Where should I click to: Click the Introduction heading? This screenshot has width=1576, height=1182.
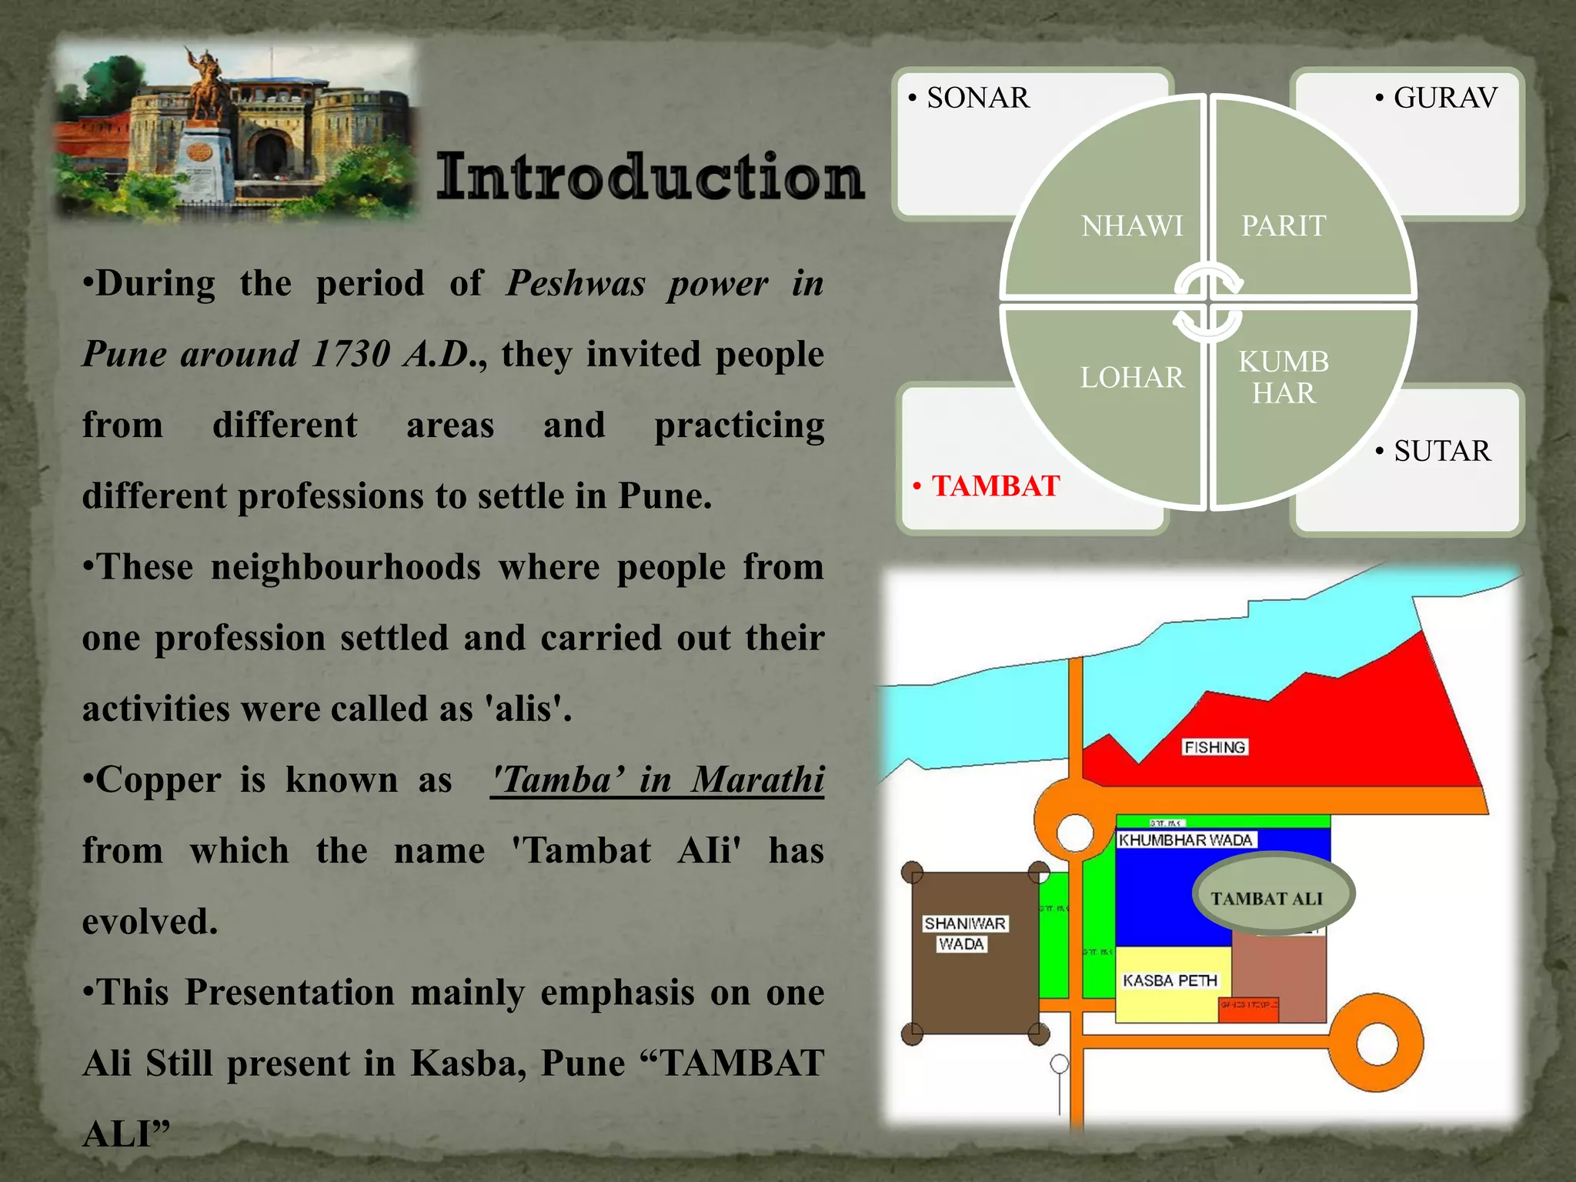coord(650,177)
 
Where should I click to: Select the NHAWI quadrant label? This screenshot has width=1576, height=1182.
coord(1131,226)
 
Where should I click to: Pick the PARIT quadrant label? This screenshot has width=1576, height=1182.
coord(1284,226)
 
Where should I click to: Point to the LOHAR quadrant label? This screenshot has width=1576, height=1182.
coord(1131,378)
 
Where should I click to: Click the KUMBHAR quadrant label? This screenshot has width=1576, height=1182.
coord(1284,378)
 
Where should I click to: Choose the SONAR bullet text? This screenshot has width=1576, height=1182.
coord(977,98)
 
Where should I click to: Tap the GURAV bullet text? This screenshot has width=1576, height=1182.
coord(1444,98)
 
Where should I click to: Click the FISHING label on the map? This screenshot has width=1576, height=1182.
coord(1214,747)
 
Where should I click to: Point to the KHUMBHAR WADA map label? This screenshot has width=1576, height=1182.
coord(1185,840)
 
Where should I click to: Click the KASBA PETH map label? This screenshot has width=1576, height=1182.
coord(1170,980)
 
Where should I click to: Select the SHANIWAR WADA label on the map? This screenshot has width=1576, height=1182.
coord(963,933)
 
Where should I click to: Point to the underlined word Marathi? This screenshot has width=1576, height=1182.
coord(757,780)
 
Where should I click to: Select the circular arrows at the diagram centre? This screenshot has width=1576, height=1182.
coord(1207,302)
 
